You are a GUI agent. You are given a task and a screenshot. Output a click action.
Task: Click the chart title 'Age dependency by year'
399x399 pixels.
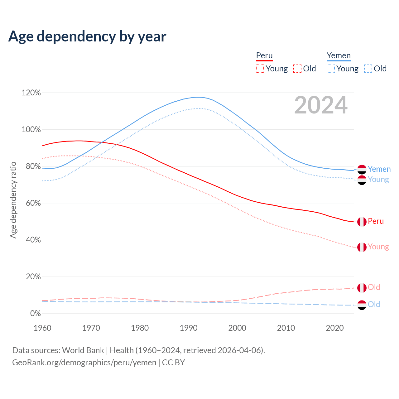click(x=87, y=36)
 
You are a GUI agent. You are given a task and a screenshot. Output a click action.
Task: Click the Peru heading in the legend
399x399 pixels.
click(x=264, y=56)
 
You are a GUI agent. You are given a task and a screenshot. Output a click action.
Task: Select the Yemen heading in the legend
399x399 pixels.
click(x=339, y=56)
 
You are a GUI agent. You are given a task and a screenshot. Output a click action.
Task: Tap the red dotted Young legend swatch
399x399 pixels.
click(x=260, y=69)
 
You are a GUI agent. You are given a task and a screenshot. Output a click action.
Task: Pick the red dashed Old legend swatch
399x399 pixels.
click(x=297, y=69)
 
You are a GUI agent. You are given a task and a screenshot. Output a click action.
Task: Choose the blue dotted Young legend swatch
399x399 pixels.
click(x=331, y=69)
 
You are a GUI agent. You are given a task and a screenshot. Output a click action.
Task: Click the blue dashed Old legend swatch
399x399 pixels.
click(x=368, y=69)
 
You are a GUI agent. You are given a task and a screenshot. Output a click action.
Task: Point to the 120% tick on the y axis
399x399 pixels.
click(x=31, y=93)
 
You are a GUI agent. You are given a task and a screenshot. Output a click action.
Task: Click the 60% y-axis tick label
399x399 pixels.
click(x=31, y=203)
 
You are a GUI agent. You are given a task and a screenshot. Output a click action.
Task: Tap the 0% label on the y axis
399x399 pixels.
click(x=35, y=313)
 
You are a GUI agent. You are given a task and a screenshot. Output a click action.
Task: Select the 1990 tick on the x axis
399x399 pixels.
click(x=189, y=328)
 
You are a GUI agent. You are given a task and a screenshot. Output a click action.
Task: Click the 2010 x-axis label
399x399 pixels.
click(x=286, y=328)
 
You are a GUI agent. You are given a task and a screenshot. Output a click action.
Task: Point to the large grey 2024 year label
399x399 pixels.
click(x=321, y=105)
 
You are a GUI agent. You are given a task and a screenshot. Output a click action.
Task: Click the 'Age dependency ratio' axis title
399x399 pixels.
click(x=13, y=200)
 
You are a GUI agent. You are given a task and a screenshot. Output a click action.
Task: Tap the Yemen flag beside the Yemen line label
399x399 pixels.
click(x=362, y=169)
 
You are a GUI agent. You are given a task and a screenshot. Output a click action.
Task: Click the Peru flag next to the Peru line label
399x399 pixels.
click(x=362, y=222)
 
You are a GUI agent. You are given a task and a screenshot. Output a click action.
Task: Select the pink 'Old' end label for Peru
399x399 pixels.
click(x=374, y=287)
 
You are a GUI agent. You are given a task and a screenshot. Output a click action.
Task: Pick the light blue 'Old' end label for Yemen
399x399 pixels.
click(x=374, y=304)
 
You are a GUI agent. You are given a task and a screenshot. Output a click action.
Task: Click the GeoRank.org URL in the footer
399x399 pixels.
click(x=84, y=363)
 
